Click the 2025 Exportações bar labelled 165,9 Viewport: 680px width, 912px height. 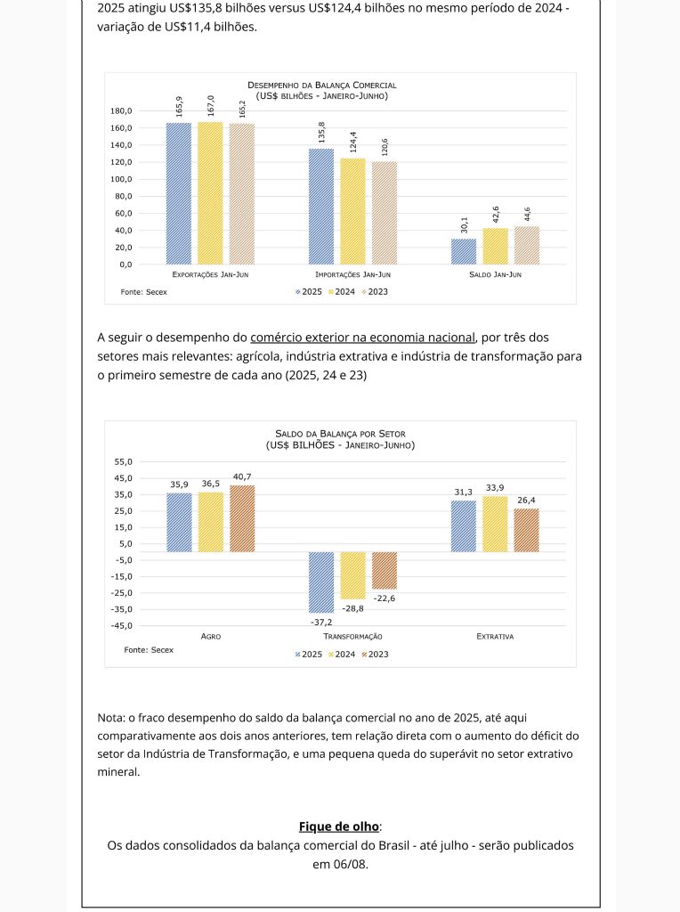pos(179,192)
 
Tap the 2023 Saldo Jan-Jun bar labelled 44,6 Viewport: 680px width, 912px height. pos(527,245)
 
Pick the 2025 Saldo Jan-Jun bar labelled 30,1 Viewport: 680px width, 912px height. pos(464,251)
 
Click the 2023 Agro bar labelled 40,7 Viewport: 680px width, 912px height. pos(242,518)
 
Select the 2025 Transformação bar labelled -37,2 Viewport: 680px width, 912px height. pos(321,582)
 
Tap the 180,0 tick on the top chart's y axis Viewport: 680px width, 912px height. pos(121,111)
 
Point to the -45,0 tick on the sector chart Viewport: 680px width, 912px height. pos(120,625)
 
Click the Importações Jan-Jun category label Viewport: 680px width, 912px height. pos(352,275)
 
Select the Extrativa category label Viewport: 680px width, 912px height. pos(495,637)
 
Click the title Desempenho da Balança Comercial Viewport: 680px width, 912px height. pos(322,85)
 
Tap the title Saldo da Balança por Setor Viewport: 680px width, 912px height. pos(340,434)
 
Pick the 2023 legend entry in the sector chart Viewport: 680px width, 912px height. pos(375,654)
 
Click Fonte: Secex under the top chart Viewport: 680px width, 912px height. pos(143,291)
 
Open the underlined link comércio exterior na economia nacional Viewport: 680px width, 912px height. pos(363,338)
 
